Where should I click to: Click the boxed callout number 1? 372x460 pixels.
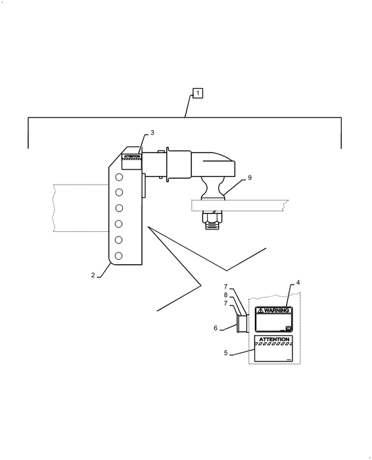click(x=198, y=93)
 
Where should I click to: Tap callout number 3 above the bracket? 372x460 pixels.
click(x=152, y=133)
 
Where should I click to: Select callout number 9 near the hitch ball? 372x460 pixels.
click(x=250, y=178)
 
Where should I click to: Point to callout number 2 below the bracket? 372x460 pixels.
click(x=93, y=275)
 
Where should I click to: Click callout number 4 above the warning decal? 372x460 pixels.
click(x=298, y=283)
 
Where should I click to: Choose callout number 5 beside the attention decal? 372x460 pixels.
click(x=225, y=353)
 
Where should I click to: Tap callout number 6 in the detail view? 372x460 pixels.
click(x=216, y=328)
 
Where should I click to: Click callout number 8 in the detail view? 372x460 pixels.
click(x=225, y=295)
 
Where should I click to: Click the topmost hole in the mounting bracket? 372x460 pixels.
click(x=119, y=177)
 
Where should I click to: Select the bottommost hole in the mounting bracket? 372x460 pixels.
click(x=118, y=256)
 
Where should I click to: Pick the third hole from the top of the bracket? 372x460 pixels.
click(x=119, y=208)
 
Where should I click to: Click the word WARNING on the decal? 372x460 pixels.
click(x=277, y=310)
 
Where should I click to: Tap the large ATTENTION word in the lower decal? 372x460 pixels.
click(x=274, y=340)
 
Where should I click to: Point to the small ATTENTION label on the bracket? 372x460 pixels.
click(x=131, y=156)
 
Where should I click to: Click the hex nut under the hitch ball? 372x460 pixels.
click(x=213, y=218)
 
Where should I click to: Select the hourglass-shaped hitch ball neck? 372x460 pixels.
click(x=214, y=188)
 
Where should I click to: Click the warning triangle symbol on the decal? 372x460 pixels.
click(x=260, y=310)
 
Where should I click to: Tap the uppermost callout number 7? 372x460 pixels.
click(x=225, y=287)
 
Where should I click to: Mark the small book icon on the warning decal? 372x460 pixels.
click(x=288, y=328)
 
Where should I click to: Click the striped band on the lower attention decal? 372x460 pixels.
click(x=273, y=344)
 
